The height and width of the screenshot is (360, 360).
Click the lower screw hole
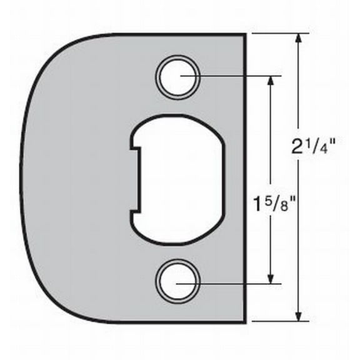point(177,282)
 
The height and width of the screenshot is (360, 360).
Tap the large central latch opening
point(176,179)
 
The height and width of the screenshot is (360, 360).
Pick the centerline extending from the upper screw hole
point(237,77)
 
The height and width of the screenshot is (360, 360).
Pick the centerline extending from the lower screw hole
point(237,282)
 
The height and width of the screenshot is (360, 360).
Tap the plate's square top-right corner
point(244,34)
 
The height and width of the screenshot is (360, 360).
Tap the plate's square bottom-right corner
point(244,322)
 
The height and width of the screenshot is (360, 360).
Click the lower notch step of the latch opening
point(132,211)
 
